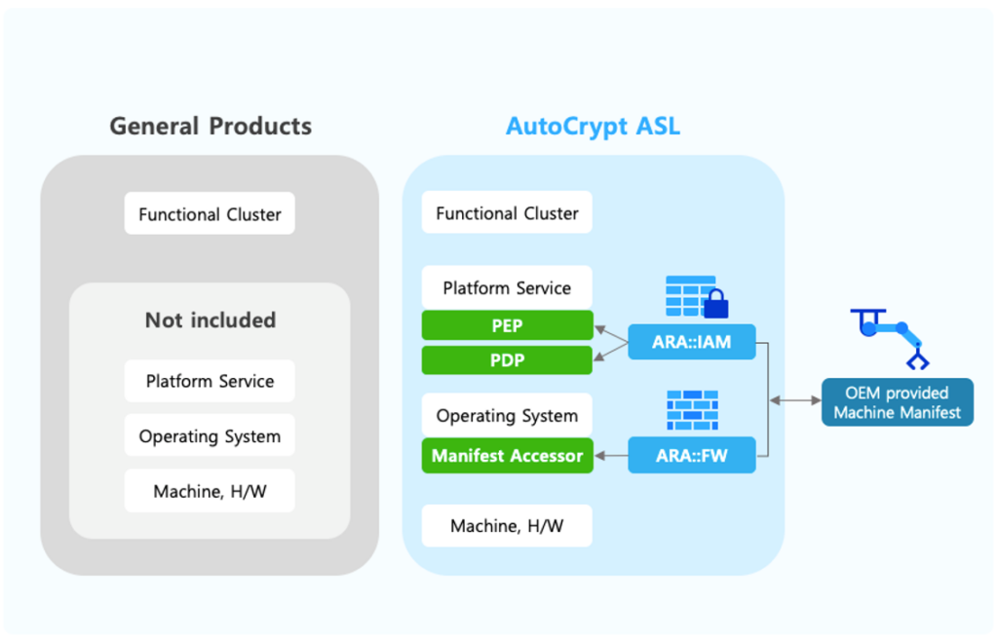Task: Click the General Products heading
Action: (x=211, y=127)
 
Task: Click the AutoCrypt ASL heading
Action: (x=593, y=127)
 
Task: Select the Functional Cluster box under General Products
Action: (x=210, y=213)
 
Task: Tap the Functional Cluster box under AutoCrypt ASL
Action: (x=507, y=212)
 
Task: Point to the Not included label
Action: (x=210, y=320)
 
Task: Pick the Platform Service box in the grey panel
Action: (x=210, y=381)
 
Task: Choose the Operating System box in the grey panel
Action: (x=210, y=436)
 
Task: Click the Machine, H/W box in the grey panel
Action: (x=210, y=492)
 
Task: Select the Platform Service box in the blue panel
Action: (x=507, y=287)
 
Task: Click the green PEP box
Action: (x=507, y=325)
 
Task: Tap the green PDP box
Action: (x=507, y=360)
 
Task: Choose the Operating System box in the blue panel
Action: (x=507, y=415)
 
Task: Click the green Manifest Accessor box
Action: (x=507, y=455)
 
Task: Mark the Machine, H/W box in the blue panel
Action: (x=507, y=526)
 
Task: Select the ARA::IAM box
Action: (x=691, y=342)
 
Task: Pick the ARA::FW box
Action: (x=691, y=455)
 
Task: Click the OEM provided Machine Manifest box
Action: (x=897, y=402)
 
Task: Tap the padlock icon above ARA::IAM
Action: (x=715, y=304)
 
